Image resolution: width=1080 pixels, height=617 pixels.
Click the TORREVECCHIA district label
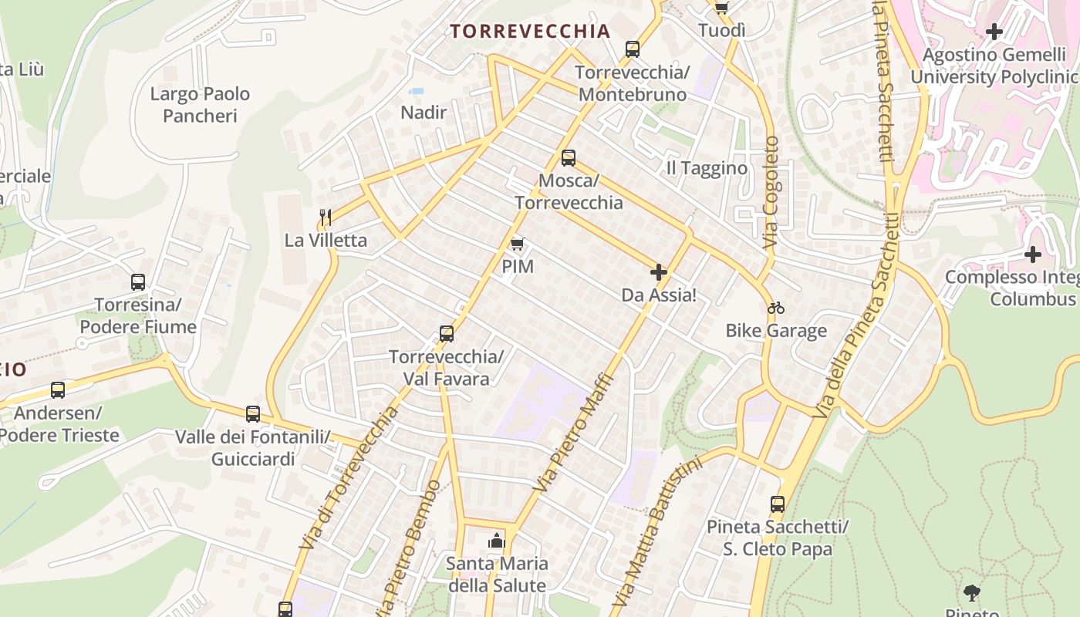coord(530,32)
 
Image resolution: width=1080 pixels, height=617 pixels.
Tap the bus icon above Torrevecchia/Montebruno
coord(633,49)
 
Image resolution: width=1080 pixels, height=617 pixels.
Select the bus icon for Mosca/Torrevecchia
coord(569,158)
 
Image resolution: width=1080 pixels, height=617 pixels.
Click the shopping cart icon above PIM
coord(518,244)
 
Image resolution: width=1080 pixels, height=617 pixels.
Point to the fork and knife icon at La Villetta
coord(326,217)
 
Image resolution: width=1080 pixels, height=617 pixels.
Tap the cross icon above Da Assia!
coord(659,272)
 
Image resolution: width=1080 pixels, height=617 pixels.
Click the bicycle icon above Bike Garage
coord(776,308)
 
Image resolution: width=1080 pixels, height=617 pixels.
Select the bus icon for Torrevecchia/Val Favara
coord(447,334)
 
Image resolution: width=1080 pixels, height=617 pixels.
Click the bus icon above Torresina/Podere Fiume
coord(138,282)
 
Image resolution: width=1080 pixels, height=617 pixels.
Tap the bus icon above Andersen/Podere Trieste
coord(58,390)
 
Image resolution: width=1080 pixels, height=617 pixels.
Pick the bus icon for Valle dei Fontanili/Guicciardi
coord(253,414)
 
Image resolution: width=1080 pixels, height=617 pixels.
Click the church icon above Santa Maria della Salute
coord(496,541)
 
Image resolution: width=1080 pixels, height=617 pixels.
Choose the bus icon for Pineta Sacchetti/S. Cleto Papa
coord(778,504)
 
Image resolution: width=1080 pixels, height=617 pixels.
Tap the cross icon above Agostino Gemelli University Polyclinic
coord(994,32)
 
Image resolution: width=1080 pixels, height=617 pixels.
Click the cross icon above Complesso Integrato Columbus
coord(1033,254)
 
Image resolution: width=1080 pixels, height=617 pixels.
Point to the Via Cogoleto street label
coord(771,193)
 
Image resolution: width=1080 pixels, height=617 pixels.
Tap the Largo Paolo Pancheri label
coord(200,105)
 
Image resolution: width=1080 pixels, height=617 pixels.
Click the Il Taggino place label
coord(707,168)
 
